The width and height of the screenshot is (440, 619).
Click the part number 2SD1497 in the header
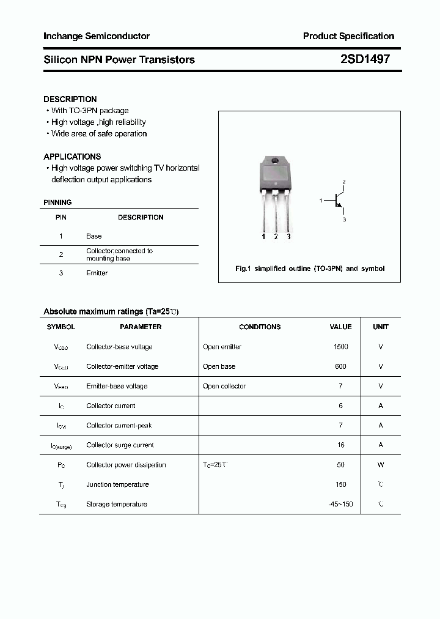click(x=364, y=59)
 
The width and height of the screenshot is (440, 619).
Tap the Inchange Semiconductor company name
click(x=97, y=36)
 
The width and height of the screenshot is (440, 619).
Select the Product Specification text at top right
click(x=348, y=36)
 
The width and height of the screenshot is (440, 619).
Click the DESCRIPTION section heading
click(x=70, y=99)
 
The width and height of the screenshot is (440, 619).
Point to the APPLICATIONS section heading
click(x=72, y=157)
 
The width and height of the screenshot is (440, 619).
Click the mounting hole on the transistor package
click(x=275, y=161)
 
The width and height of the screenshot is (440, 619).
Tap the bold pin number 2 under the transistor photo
click(x=276, y=237)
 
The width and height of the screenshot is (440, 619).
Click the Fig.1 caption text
click(x=310, y=269)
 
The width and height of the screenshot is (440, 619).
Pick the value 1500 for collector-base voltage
click(x=340, y=347)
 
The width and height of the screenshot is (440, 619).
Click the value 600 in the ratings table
click(x=340, y=366)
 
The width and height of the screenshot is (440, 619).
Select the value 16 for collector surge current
click(x=340, y=445)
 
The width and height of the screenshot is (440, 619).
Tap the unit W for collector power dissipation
click(x=381, y=465)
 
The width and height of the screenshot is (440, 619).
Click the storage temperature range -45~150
click(x=340, y=504)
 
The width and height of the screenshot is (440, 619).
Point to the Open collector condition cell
click(x=224, y=386)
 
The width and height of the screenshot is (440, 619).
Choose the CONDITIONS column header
click(x=260, y=327)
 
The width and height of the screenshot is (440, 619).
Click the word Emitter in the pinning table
click(x=97, y=273)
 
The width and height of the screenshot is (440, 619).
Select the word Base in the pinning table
click(x=94, y=236)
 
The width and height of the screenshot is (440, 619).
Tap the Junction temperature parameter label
click(x=117, y=484)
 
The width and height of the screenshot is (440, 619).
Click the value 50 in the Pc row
click(x=340, y=465)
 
